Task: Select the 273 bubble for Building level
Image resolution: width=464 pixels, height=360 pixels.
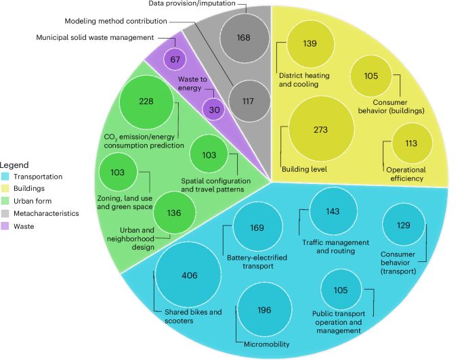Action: tap(321, 129)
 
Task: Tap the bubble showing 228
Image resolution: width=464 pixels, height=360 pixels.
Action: tap(146, 102)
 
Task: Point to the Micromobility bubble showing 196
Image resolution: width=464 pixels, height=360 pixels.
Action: tap(264, 310)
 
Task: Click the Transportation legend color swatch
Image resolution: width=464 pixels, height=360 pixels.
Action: tap(5, 176)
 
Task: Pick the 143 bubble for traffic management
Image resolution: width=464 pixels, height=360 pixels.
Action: tap(332, 211)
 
